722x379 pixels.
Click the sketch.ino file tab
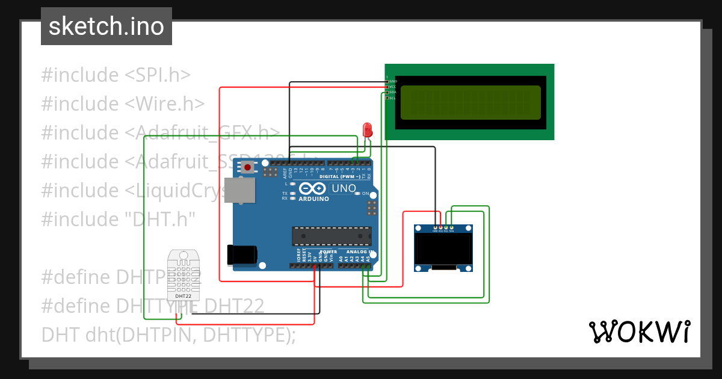tap(106, 26)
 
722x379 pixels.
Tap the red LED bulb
tap(367, 129)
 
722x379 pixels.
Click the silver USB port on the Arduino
tap(239, 190)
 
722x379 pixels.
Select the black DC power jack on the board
tap(242, 254)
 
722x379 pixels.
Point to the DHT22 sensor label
tap(184, 296)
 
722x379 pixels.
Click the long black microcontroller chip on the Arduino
tap(332, 236)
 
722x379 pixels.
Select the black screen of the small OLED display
tap(443, 249)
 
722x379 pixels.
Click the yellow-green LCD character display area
tap(470, 102)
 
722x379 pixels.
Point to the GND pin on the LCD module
tap(392, 81)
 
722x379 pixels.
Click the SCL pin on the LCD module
tap(392, 97)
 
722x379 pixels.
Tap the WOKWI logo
tap(639, 331)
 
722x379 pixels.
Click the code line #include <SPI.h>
tap(116, 75)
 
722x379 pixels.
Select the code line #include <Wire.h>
tap(123, 104)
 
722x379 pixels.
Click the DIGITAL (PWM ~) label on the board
tap(340, 177)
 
